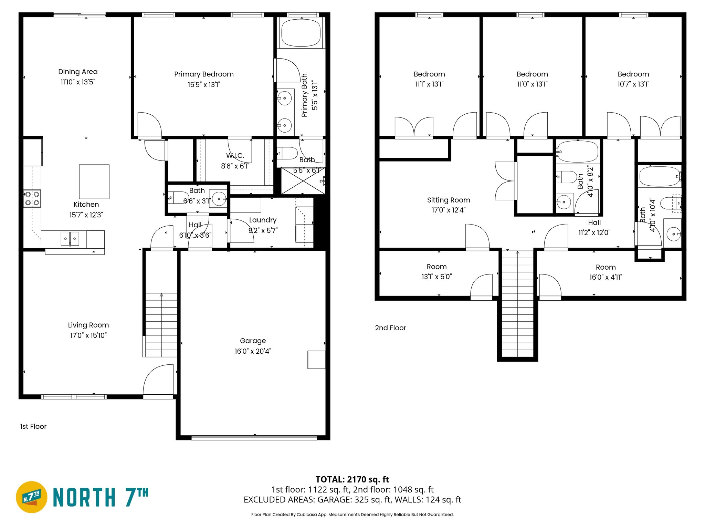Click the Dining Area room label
click(x=78, y=72)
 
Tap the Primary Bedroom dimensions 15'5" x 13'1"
click(x=204, y=84)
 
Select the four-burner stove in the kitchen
click(x=32, y=198)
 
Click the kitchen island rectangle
click(x=94, y=181)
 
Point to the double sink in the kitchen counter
click(x=70, y=238)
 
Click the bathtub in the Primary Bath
click(x=301, y=33)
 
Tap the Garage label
click(x=253, y=341)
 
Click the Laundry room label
click(x=263, y=220)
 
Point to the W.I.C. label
click(x=235, y=156)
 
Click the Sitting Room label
click(x=449, y=200)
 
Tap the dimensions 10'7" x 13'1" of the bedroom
click(x=633, y=84)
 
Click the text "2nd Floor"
click(x=390, y=328)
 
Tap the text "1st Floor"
click(x=33, y=426)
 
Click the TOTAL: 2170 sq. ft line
click(x=352, y=479)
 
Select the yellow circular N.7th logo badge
click(x=32, y=497)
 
